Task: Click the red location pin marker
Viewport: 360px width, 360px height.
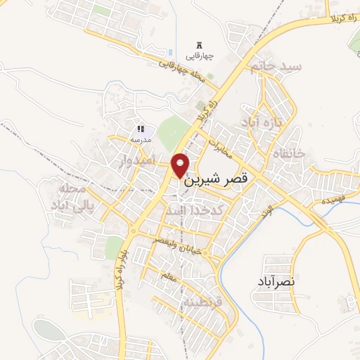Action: pyautogui.click(x=181, y=165)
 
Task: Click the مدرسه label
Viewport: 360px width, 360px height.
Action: pyautogui.click(x=140, y=139)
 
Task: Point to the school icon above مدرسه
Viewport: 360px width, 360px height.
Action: pyautogui.click(x=141, y=129)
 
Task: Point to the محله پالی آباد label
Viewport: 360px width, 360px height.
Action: pyautogui.click(x=69, y=197)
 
